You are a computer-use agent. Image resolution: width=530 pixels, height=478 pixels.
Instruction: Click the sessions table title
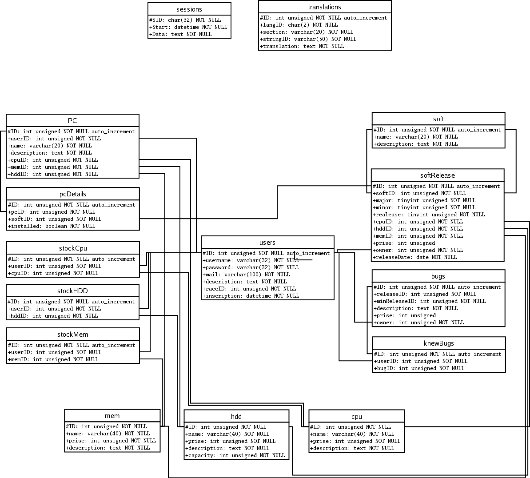[189, 9]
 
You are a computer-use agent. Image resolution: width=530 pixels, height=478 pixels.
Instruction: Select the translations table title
[325, 7]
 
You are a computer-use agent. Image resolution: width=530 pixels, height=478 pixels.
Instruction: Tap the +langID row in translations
[299, 25]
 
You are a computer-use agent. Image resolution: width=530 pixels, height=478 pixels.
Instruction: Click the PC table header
[72, 121]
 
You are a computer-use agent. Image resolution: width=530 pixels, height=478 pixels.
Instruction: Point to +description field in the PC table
[50, 153]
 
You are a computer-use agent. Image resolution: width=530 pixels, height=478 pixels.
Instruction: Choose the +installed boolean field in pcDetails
[52, 226]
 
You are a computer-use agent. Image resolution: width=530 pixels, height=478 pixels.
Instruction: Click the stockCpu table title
[73, 248]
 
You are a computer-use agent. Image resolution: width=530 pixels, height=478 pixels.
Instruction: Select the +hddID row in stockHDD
[53, 316]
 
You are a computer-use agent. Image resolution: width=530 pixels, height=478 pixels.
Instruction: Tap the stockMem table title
[73, 335]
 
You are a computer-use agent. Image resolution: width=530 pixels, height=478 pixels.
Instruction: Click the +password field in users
[251, 267]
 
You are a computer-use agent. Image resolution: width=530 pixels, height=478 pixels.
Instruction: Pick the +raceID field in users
[249, 289]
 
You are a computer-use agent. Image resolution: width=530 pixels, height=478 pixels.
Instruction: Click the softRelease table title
[438, 175]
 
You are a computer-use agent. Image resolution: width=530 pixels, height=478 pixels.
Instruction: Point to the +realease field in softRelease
[429, 215]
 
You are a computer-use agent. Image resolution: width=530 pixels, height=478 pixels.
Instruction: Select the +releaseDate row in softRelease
[415, 257]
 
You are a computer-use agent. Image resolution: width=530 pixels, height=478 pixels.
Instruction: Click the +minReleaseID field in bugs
[430, 301]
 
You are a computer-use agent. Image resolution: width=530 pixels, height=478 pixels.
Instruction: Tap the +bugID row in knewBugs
[419, 368]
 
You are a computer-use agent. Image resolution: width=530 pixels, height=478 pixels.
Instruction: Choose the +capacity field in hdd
[235, 455]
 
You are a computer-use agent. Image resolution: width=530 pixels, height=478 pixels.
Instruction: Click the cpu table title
[357, 417]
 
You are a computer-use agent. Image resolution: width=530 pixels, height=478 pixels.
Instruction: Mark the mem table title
[112, 416]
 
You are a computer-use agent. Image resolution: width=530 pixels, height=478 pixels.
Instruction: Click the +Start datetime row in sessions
[188, 27]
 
